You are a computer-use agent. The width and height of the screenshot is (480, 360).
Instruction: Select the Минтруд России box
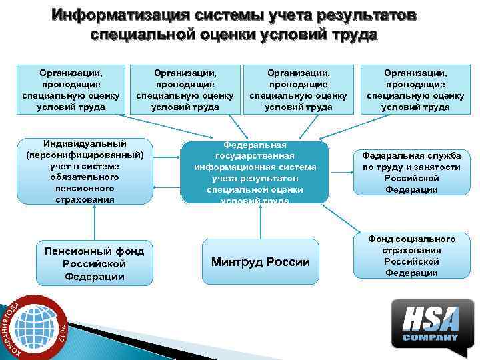261,262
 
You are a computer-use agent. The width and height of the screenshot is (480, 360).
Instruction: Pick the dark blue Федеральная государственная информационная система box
255,171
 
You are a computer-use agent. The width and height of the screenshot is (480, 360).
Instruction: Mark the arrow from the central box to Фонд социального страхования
343,217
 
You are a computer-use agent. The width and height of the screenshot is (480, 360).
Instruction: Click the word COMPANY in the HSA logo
430,337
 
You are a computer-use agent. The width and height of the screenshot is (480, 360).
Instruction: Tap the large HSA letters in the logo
429,318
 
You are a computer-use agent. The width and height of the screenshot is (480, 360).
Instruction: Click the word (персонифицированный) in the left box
85,155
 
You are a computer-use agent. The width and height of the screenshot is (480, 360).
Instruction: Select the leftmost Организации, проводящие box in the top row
71,87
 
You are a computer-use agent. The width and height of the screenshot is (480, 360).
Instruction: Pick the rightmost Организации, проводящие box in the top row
415,87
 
